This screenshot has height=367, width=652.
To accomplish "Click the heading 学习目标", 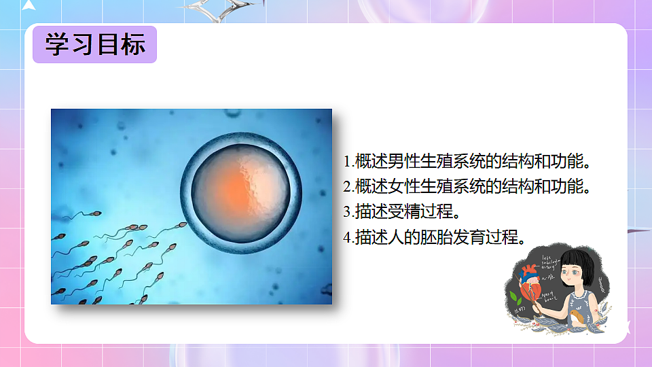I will point(95,45).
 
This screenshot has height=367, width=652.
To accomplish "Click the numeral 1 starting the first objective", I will point(347,162).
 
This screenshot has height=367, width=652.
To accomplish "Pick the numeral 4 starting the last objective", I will point(347,238).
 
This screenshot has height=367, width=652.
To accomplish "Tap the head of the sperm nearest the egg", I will point(181,225).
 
